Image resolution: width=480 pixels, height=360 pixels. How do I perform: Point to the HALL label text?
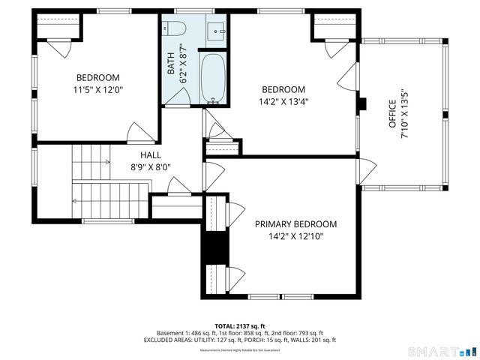click(151, 155)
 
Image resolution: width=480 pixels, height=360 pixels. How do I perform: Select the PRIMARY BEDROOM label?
click(295, 224)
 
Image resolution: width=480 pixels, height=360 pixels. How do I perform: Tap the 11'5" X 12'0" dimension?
click(97, 90)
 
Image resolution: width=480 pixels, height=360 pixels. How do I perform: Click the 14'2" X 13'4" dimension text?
click(283, 102)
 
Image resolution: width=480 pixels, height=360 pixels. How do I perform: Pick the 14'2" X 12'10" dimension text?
click(295, 237)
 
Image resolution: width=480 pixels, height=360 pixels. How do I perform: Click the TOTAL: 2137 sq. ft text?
click(240, 326)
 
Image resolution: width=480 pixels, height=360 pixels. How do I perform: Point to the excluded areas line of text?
click(240, 340)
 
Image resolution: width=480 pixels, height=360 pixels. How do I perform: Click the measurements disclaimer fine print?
click(240, 350)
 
